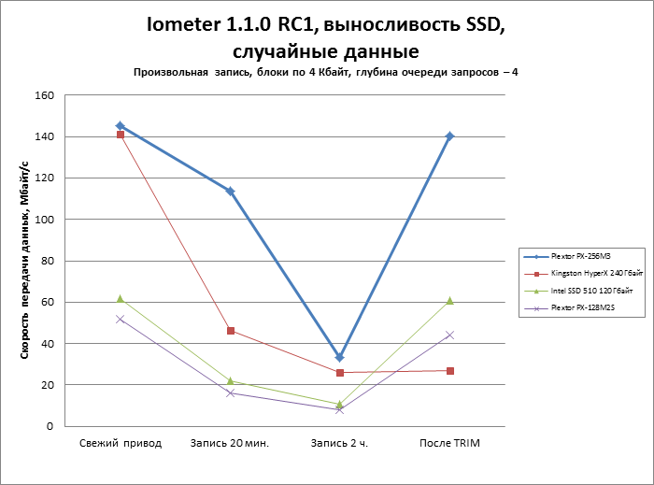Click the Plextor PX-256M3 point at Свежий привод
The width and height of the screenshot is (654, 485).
pyautogui.click(x=120, y=125)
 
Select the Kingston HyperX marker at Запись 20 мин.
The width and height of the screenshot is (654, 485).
pyautogui.click(x=230, y=331)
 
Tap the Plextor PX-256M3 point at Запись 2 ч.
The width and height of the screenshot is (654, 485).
pyautogui.click(x=339, y=358)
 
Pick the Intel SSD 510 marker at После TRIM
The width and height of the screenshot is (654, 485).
pyautogui.click(x=449, y=301)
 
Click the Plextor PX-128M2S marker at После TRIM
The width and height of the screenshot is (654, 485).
pyautogui.click(x=449, y=335)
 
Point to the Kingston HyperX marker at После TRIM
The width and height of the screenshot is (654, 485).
pyautogui.click(x=449, y=371)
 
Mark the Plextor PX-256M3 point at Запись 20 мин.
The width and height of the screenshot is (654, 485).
pyautogui.click(x=230, y=191)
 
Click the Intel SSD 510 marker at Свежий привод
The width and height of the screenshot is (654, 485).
pyautogui.click(x=120, y=298)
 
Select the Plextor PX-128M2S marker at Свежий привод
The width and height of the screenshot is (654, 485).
pyautogui.click(x=120, y=319)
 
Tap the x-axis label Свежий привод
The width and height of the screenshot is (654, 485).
pyautogui.click(x=120, y=443)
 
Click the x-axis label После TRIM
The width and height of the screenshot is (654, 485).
pyautogui.click(x=449, y=443)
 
